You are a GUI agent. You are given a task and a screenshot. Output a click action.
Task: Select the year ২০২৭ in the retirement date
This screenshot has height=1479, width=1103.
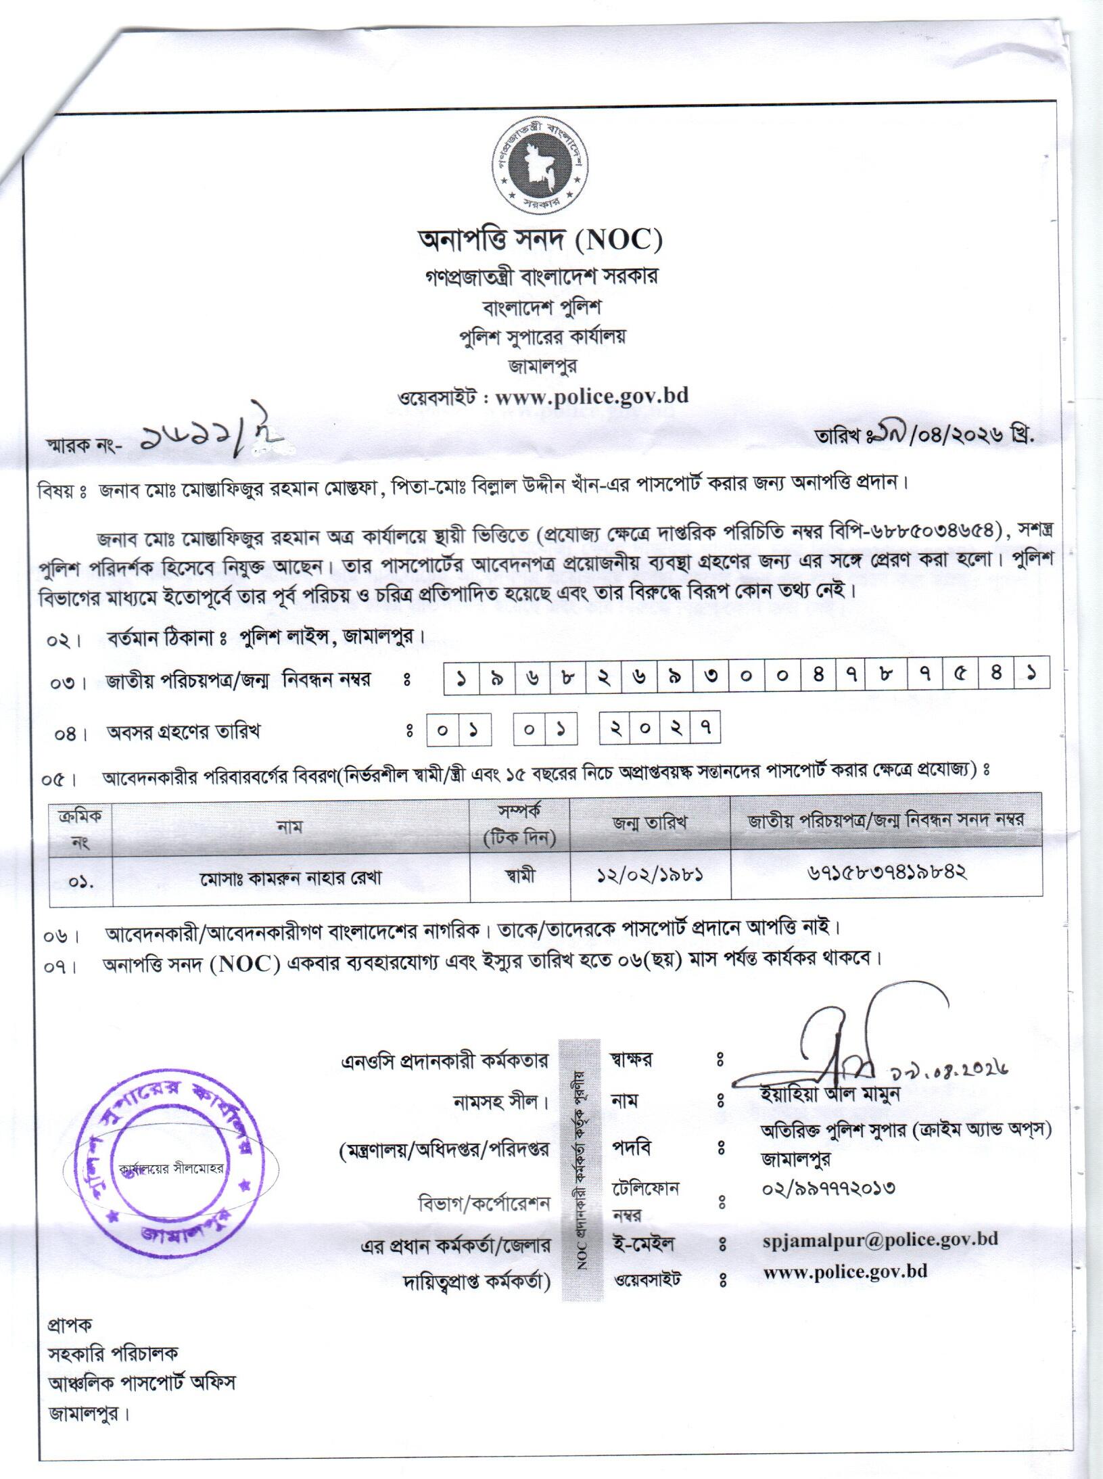pyautogui.click(x=659, y=730)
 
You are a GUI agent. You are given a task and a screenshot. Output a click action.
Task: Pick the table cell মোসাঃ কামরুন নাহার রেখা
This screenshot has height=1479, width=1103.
pyautogui.click(x=291, y=878)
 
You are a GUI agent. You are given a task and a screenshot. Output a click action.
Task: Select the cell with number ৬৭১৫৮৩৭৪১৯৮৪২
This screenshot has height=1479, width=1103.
pyautogui.click(x=886, y=873)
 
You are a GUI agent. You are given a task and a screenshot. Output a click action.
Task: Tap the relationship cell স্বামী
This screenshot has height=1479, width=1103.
pyautogui.click(x=519, y=876)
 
